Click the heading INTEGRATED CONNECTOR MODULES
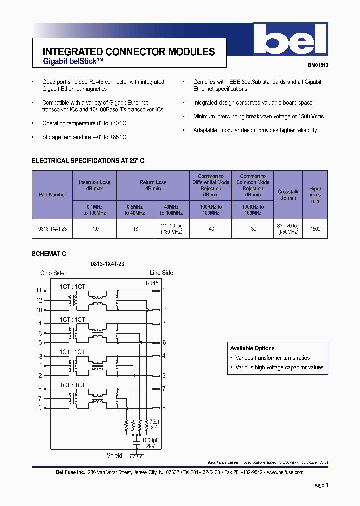tap(129, 52)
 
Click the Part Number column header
tap(52, 195)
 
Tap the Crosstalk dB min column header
tap(287, 195)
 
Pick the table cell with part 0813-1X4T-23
tap(52, 228)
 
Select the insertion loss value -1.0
tap(94, 228)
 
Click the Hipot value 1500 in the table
tap(315, 228)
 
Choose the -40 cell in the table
tap(210, 228)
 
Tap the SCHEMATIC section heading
tap(49, 254)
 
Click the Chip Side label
tap(52, 273)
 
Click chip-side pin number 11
tap(39, 290)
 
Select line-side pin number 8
tap(163, 408)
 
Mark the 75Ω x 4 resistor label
tap(154, 424)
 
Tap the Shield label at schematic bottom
tap(114, 455)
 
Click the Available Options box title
tap(252, 348)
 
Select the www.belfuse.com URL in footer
tap(285, 472)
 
